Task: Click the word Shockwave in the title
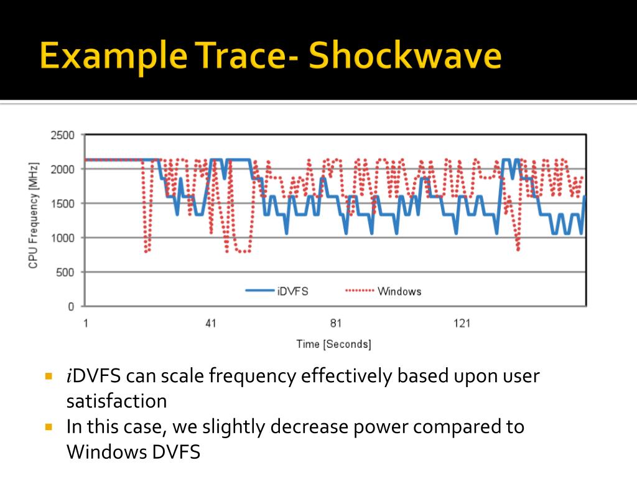click(x=405, y=57)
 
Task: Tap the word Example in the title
click(x=109, y=57)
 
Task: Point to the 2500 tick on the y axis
click(x=62, y=135)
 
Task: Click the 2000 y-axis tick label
click(x=62, y=169)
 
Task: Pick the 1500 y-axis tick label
click(x=62, y=204)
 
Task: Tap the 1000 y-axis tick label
click(x=62, y=238)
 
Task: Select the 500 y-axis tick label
click(x=65, y=272)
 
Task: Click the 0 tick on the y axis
click(x=70, y=306)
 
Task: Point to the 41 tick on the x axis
click(x=210, y=323)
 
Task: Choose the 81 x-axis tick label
click(x=336, y=323)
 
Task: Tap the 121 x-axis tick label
click(x=462, y=323)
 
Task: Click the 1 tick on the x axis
click(x=85, y=323)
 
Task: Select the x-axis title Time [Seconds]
click(x=333, y=344)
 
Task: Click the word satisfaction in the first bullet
click(x=117, y=401)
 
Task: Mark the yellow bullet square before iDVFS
click(x=50, y=377)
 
